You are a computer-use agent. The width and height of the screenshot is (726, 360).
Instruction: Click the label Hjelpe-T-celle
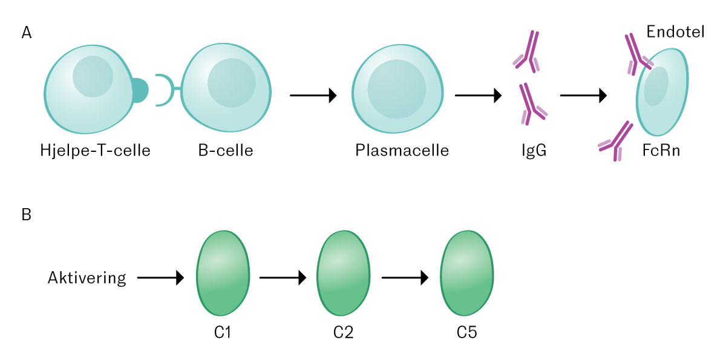[96, 150]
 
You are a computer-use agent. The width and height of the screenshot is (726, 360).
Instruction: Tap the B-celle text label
[226, 150]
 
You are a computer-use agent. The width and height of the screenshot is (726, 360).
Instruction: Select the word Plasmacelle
[402, 150]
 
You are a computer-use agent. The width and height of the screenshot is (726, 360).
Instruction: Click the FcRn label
[661, 150]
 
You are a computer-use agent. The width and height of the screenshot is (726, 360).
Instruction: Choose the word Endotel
[675, 31]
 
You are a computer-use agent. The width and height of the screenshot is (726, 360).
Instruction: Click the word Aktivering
[87, 278]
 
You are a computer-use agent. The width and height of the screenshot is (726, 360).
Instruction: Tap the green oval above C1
[223, 273]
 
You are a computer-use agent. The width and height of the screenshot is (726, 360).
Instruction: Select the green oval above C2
[343, 273]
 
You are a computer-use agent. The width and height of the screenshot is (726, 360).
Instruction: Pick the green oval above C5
[466, 273]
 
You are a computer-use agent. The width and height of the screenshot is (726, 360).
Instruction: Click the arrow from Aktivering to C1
[160, 278]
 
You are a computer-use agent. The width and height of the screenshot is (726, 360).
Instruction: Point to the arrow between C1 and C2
[283, 278]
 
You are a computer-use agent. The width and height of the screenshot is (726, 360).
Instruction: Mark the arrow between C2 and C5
[405, 278]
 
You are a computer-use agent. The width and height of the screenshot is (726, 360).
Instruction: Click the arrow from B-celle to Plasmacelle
[313, 95]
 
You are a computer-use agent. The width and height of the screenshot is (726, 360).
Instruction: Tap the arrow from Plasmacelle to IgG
[479, 95]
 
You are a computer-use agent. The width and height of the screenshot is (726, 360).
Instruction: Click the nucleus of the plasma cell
[397, 89]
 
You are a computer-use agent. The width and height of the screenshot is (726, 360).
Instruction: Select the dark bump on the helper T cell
[140, 90]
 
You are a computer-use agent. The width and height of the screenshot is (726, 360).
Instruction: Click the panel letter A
[27, 33]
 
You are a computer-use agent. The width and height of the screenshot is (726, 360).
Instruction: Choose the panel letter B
[27, 215]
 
